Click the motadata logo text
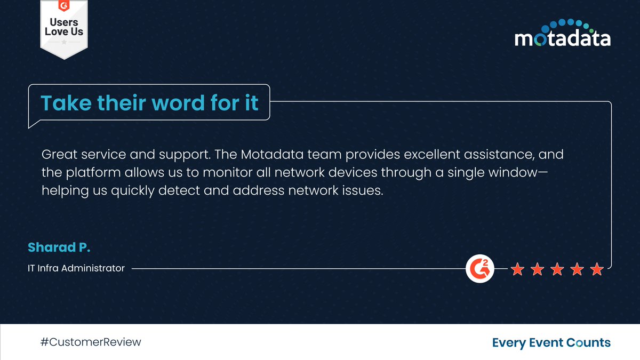click(562, 38)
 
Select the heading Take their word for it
click(149, 102)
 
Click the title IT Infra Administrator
click(76, 268)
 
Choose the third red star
click(557, 269)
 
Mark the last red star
click(597, 269)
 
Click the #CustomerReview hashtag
click(91, 342)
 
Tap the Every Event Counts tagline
click(551, 342)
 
